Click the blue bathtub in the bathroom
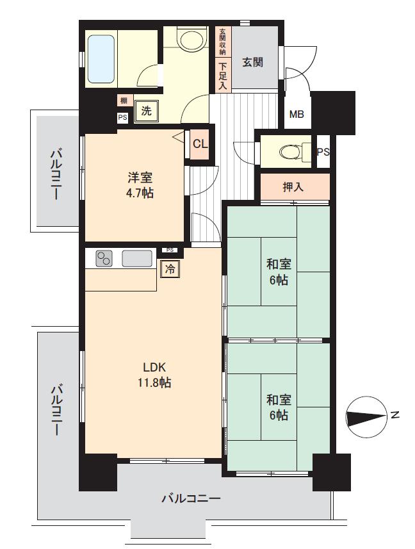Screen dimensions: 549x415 101,58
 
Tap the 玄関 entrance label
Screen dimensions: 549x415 254,62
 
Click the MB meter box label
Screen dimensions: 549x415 297,115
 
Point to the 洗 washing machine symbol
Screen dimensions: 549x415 147,110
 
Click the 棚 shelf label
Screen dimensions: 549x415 122,100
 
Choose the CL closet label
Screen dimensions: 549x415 200,143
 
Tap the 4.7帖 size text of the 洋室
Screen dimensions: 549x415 139,192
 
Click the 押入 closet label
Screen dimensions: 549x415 294,187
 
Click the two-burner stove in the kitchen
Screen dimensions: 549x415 104,258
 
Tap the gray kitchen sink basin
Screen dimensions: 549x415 136,258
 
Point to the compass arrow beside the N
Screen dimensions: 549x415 364,418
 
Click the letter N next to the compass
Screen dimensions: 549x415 396,416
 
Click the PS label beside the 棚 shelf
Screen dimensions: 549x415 122,117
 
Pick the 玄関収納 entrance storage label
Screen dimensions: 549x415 223,42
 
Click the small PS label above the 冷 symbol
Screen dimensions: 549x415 169,250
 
